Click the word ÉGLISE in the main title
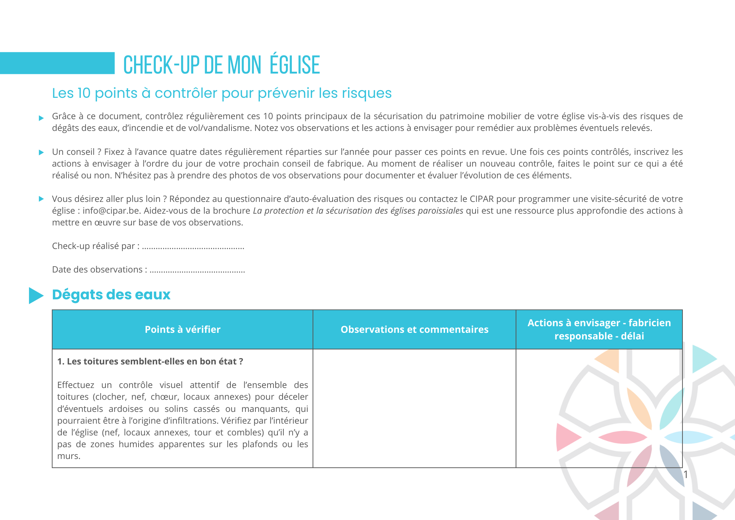[x=295, y=65]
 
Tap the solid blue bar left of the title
[x=57, y=63]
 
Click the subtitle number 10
[x=84, y=93]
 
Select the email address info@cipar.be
[x=111, y=211]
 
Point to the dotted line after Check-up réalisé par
[x=193, y=246]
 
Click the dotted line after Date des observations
[x=197, y=270]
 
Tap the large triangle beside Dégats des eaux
[x=36, y=295]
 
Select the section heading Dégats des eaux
[x=111, y=295]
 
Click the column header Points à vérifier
[x=183, y=330]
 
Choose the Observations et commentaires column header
[x=414, y=330]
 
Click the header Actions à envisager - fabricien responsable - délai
[x=599, y=330]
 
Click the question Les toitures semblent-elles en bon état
[x=150, y=361]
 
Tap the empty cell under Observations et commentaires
[x=414, y=408]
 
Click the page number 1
[x=685, y=474]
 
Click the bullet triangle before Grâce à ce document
[x=41, y=118]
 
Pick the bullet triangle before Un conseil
[x=41, y=153]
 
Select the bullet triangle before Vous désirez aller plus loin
[x=41, y=199]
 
